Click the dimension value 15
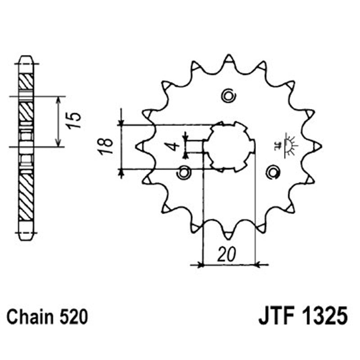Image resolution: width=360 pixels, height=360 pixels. (76, 121)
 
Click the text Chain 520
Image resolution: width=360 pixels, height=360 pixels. (47, 317)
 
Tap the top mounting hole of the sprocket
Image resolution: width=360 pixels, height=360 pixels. (229, 95)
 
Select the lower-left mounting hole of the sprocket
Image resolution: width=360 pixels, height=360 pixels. (184, 172)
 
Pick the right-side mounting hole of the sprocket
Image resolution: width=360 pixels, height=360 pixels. (272, 171)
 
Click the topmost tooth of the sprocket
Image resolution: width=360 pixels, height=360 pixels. (229, 59)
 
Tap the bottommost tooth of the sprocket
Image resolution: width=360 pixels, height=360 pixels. (229, 234)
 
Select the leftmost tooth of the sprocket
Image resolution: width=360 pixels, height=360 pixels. (140, 146)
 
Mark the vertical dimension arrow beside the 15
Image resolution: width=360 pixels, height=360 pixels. (58, 121)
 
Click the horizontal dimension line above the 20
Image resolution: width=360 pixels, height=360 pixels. (229, 265)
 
